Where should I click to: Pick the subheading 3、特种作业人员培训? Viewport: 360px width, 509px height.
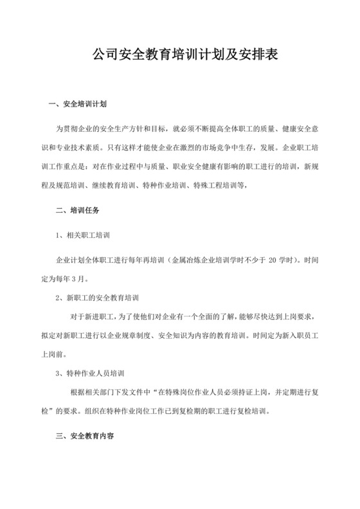point(95,373)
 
